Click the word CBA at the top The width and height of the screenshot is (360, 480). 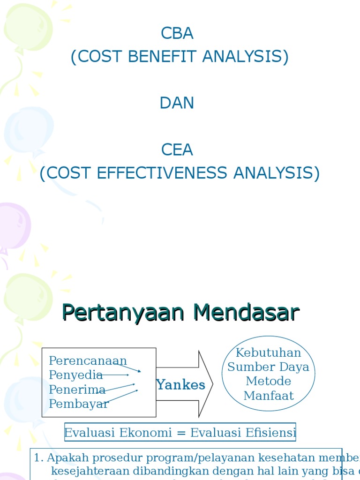click(177, 33)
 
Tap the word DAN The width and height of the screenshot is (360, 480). click(177, 103)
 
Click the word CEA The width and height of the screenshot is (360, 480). click(177, 150)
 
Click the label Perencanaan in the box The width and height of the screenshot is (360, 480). click(88, 361)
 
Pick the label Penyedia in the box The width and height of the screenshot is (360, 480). click(75, 375)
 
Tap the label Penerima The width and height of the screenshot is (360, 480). click(77, 389)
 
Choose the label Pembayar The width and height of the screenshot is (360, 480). click(79, 404)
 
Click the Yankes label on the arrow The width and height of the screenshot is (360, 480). click(181, 385)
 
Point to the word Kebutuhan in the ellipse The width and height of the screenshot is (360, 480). click(268, 352)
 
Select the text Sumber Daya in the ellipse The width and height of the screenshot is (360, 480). click(268, 367)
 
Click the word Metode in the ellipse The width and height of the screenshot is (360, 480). click(268, 381)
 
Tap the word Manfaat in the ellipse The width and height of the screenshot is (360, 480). click(268, 396)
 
